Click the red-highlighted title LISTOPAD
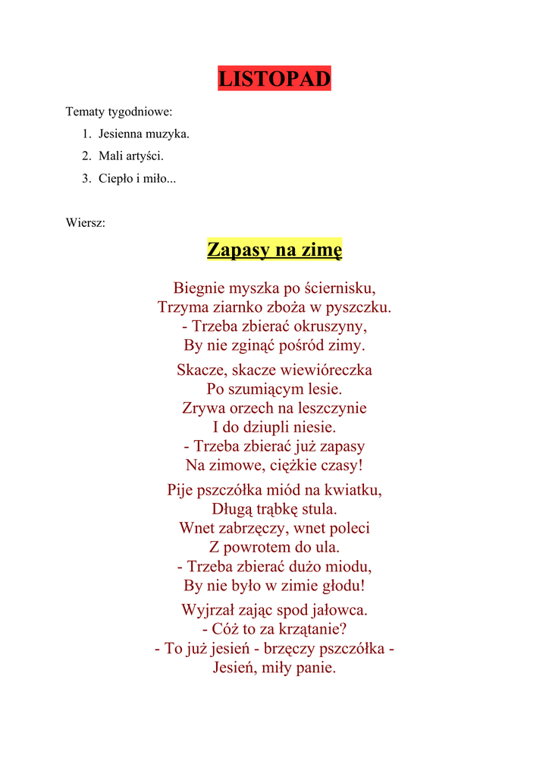[274, 79]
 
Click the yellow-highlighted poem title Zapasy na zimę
[274, 249]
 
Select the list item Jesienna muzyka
[143, 134]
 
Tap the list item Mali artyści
[130, 156]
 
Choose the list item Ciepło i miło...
[136, 179]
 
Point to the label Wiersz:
[86, 223]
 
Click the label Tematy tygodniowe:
[119, 112]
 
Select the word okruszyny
[330, 327]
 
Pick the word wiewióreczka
[327, 370]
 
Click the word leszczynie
[331, 408]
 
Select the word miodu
[347, 567]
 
